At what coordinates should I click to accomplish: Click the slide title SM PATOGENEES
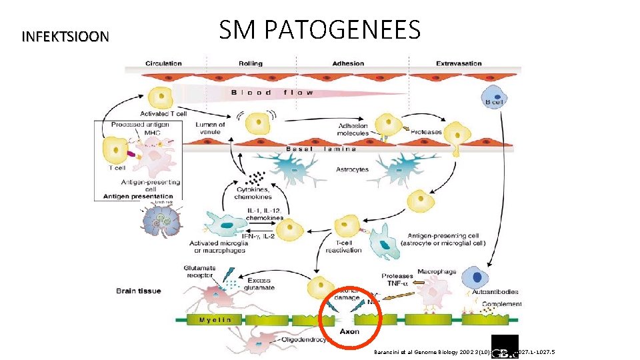(x=319, y=30)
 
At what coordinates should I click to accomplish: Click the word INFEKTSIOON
(x=65, y=36)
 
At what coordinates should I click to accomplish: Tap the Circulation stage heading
(x=163, y=64)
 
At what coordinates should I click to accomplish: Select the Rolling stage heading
(x=250, y=64)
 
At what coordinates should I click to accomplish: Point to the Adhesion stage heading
(x=348, y=64)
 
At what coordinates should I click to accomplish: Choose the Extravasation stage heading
(x=459, y=64)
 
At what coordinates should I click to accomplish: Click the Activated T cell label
(x=163, y=114)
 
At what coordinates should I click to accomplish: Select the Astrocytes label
(x=353, y=170)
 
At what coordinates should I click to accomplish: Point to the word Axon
(x=349, y=331)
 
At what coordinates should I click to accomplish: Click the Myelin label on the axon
(x=215, y=320)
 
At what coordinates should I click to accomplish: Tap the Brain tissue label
(x=139, y=291)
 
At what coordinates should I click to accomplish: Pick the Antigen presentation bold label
(x=137, y=196)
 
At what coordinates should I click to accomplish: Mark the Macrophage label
(x=437, y=272)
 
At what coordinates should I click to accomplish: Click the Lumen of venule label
(x=211, y=128)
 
